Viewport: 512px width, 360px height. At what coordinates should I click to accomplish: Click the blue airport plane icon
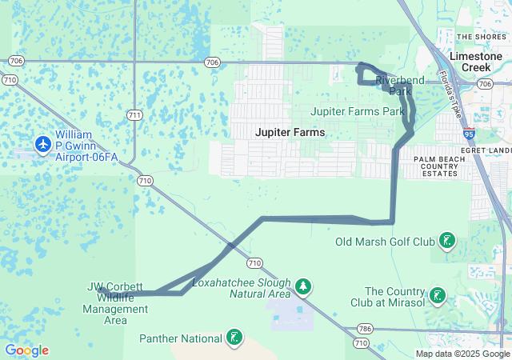(43, 144)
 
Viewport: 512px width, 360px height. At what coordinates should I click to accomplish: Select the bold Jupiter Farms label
(290, 132)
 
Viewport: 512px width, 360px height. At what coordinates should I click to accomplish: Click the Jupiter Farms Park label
(357, 111)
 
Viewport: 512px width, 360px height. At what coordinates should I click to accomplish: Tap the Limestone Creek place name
(476, 62)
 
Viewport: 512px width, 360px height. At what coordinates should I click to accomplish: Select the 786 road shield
(366, 328)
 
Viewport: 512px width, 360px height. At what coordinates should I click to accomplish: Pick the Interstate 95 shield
(468, 137)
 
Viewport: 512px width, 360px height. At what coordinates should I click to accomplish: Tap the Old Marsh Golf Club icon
(446, 241)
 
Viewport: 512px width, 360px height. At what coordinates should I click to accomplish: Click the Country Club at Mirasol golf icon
(437, 295)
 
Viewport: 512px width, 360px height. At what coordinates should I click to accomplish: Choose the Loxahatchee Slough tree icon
(302, 286)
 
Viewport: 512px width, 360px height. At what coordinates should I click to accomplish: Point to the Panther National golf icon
(234, 338)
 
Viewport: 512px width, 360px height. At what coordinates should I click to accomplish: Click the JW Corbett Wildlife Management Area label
(115, 303)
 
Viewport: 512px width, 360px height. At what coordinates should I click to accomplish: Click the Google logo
(26, 350)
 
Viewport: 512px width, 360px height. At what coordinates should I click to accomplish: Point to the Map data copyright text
(462, 354)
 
